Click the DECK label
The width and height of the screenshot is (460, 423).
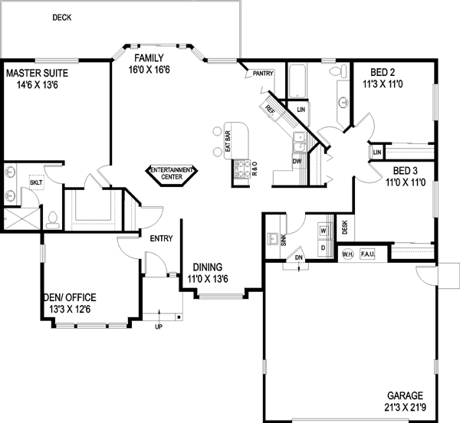pos(62,17)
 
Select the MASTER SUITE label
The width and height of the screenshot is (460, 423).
pos(38,74)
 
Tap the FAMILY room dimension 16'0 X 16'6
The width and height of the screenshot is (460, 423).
pos(154,70)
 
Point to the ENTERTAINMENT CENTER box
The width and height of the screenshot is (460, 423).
pos(172,173)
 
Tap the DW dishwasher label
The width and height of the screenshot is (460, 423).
pos(296,162)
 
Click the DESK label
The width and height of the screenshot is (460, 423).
pos(345,227)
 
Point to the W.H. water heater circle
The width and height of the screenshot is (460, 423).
pos(347,254)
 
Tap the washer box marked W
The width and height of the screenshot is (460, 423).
pos(323,230)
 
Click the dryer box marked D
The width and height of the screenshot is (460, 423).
pos(323,248)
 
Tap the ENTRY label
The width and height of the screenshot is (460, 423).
pos(160,238)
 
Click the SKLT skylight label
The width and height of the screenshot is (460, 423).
pos(35,182)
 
